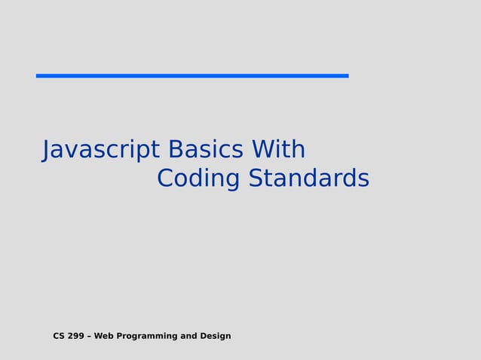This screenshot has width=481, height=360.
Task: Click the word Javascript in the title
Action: pyautogui.click(x=101, y=150)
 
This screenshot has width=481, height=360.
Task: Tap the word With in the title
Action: pyautogui.click(x=278, y=150)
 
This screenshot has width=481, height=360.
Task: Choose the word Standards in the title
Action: pyautogui.click(x=309, y=179)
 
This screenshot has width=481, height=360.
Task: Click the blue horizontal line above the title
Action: pyautogui.click(x=192, y=75)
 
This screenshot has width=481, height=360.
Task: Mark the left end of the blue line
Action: pyautogui.click(x=38, y=75)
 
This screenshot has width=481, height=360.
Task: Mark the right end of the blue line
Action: pyautogui.click(x=347, y=75)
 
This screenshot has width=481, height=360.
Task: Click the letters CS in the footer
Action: pyautogui.click(x=59, y=336)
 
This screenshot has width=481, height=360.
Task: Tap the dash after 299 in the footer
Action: pyautogui.click(x=90, y=336)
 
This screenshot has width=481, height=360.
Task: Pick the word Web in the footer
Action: pyautogui.click(x=104, y=336)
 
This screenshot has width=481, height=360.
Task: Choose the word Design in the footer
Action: pyautogui.click(x=216, y=336)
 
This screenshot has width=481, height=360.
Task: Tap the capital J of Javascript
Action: pyautogui.click(x=47, y=150)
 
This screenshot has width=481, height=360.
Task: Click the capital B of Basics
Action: pyautogui.click(x=175, y=150)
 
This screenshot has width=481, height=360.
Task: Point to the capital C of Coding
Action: pyautogui.click(x=166, y=179)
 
